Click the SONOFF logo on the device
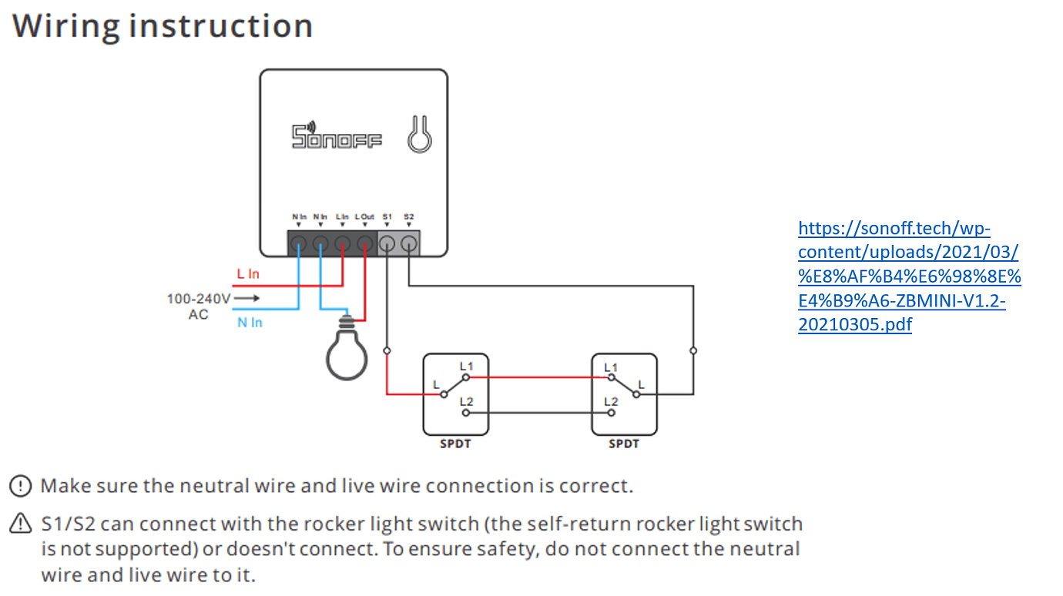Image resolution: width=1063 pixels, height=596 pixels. pos(337,136)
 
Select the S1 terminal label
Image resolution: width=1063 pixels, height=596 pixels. pos(387,217)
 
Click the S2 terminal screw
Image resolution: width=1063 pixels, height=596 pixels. pos(409,245)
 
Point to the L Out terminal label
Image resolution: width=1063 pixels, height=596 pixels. pos(365,217)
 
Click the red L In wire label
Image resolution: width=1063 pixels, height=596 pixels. pos(248,274)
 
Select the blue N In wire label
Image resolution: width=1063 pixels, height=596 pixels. pos(250,323)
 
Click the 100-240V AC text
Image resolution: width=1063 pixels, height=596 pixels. pos(198,306)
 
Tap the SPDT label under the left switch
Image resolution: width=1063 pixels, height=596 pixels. pos(455,444)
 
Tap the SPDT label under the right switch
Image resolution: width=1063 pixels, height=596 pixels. pos(624,444)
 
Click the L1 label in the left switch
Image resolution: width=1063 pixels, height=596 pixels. pos(466,366)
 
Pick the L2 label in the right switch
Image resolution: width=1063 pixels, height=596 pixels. pos(611,401)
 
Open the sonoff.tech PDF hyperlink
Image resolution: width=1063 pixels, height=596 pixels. pos(909,276)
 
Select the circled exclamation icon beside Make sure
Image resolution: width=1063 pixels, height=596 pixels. pos(20,487)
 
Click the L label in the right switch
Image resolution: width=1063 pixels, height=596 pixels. pos(642,383)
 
